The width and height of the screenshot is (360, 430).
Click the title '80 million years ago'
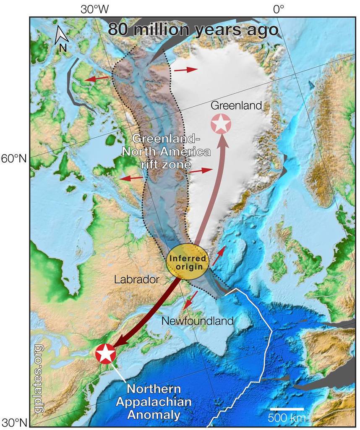click(x=193, y=30)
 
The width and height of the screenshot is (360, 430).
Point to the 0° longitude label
click(x=279, y=9)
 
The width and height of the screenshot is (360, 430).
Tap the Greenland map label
click(x=236, y=105)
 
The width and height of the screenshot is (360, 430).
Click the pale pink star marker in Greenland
click(x=221, y=124)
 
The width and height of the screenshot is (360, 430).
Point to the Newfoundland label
click(x=197, y=321)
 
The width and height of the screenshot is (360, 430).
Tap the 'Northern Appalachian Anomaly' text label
click(x=154, y=402)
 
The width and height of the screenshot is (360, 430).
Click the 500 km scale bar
click(x=287, y=409)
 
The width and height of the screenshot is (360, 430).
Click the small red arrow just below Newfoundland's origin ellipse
click(x=191, y=299)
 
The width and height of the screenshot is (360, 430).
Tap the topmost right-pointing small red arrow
click(x=185, y=69)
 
